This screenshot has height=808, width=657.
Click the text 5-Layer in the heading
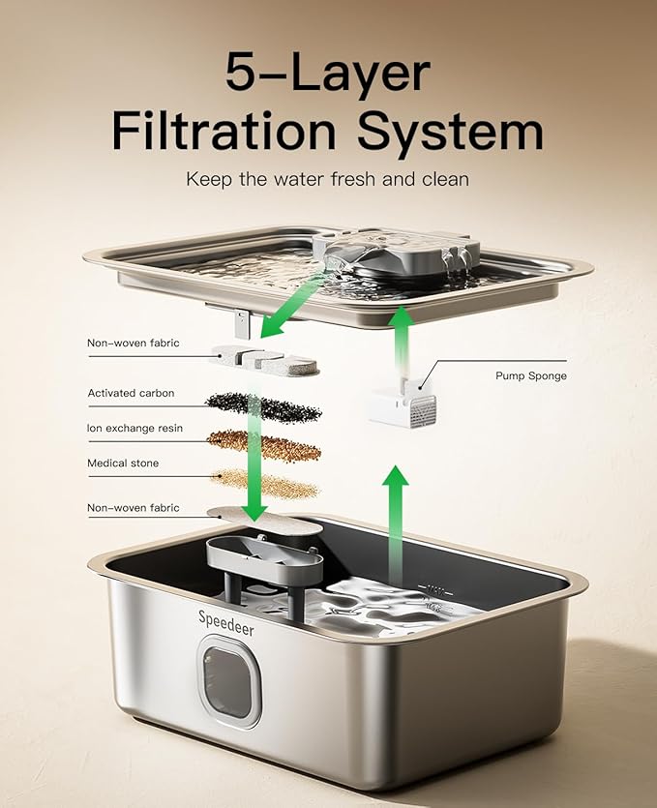[328, 74]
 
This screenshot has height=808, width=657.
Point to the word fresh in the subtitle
[354, 179]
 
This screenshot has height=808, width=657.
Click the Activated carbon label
[131, 393]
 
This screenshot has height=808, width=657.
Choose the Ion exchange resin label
[134, 429]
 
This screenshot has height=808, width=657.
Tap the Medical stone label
[123, 464]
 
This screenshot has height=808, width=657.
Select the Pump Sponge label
[531, 375]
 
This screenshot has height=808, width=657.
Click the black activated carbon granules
[264, 406]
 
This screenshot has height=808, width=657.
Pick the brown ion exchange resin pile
[264, 445]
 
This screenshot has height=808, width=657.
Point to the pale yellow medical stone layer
[265, 484]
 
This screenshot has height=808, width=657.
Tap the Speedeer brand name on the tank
[226, 622]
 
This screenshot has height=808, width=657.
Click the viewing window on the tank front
[229, 680]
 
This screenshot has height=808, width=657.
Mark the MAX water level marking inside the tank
[434, 587]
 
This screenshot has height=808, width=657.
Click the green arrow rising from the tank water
[395, 524]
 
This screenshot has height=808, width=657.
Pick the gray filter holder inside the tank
[265, 567]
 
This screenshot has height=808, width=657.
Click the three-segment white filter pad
[264, 359]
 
